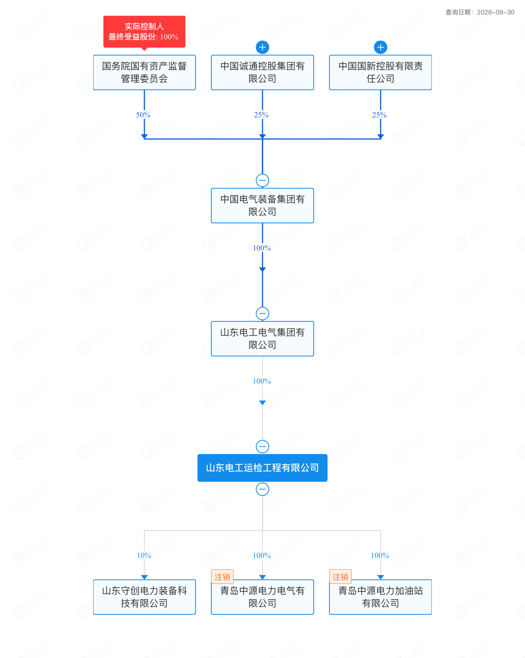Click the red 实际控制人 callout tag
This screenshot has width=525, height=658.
(144, 32)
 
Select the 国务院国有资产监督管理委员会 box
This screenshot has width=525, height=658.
(144, 72)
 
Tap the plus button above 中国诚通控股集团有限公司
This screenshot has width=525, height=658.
(262, 47)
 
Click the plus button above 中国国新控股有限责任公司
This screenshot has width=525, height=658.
(380, 47)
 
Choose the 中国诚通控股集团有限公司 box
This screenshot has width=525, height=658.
(262, 72)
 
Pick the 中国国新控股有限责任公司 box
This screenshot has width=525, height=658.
(380, 72)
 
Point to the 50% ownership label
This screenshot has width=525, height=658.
(143, 115)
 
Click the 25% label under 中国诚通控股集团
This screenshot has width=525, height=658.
(261, 115)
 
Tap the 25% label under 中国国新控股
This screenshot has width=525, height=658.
(379, 115)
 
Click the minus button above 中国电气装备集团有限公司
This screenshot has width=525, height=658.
(262, 180)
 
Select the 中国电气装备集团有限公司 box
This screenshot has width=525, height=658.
(262, 205)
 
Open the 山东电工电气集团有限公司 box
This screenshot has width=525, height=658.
(262, 338)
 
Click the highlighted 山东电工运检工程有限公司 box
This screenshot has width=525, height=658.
(262, 468)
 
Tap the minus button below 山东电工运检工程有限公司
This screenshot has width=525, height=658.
(262, 489)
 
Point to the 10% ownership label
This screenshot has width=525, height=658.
(144, 555)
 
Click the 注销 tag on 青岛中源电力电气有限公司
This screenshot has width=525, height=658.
(222, 577)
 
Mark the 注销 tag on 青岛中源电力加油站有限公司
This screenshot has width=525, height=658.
(340, 577)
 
